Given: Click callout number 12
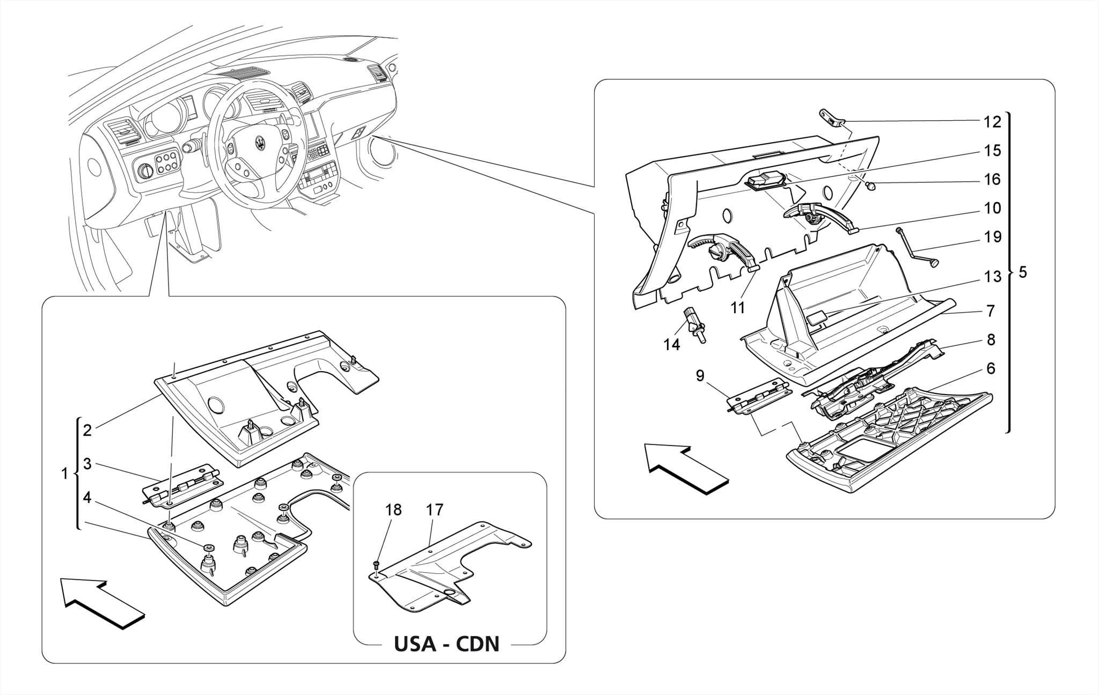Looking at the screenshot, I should click(x=992, y=122).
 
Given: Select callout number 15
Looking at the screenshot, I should click(x=992, y=151).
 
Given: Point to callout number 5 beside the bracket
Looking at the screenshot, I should click(x=1022, y=272).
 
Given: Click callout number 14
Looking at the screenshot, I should click(x=671, y=345).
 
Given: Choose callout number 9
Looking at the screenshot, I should click(x=700, y=376).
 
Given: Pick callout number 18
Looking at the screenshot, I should click(x=393, y=510).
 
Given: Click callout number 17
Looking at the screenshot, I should click(x=435, y=510).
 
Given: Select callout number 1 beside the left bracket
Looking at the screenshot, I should click(x=65, y=474).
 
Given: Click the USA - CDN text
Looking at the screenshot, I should click(x=446, y=644).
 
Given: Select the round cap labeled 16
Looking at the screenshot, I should click(x=871, y=186).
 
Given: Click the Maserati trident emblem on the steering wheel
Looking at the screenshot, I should click(x=259, y=145).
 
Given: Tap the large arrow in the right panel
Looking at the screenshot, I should click(x=685, y=466).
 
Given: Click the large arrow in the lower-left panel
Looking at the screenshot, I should click(x=100, y=601).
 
